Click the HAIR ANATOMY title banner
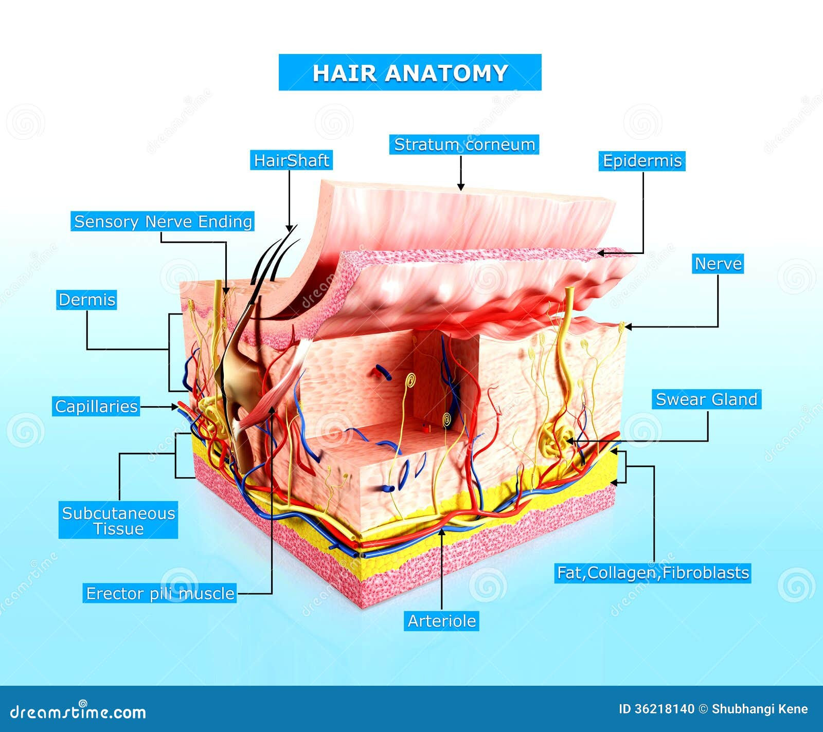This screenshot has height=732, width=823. [410, 72]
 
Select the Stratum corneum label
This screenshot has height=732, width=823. [464, 145]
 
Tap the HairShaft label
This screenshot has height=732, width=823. [291, 160]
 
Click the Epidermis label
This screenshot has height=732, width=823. [642, 161]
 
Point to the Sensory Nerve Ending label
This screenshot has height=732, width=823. [163, 222]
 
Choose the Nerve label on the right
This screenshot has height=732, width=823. [718, 264]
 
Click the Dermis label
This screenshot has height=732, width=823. [86, 300]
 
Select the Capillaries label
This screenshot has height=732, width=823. [96, 407]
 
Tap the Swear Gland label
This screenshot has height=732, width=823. [706, 399]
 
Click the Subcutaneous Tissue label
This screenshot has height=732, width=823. [118, 520]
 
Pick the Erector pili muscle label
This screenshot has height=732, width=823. [160, 594]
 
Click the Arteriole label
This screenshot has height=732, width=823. [441, 621]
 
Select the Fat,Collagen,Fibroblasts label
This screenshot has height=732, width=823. [653, 573]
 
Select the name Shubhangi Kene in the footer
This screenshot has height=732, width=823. [759, 709]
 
